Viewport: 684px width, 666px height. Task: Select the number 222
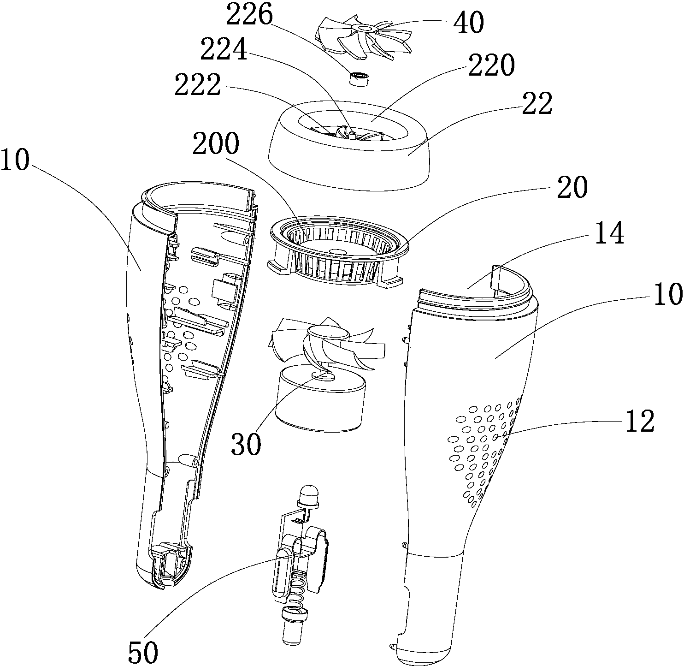click(x=198, y=85)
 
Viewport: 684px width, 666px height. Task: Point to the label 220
click(x=491, y=66)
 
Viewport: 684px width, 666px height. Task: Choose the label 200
click(x=216, y=144)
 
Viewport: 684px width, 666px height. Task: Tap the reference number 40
click(x=469, y=22)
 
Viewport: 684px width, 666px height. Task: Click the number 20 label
click(x=572, y=187)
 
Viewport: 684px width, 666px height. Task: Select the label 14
click(x=609, y=233)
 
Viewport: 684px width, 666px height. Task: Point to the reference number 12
click(x=640, y=421)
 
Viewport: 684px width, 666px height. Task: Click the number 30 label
click(x=246, y=444)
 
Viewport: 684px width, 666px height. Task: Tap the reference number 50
click(x=143, y=652)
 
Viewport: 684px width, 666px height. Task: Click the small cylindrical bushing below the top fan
click(x=359, y=78)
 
